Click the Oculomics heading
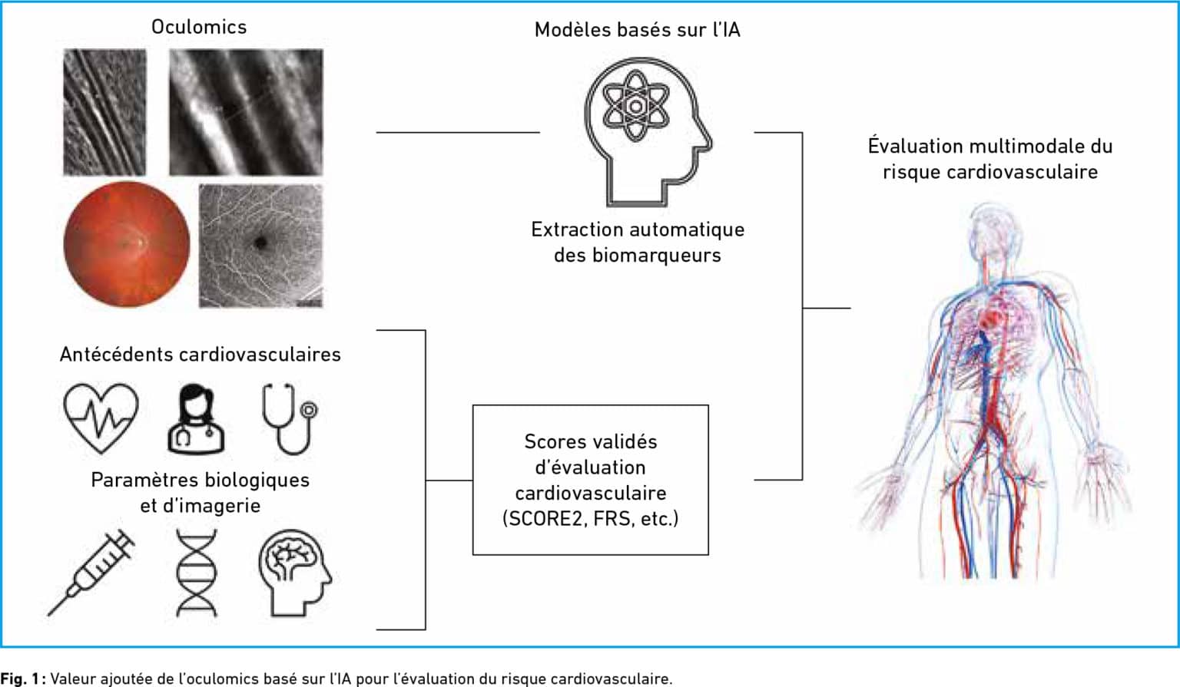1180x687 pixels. point(199,27)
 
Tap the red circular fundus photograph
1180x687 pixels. point(127,244)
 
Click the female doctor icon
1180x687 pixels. point(196,419)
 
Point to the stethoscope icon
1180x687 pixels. point(290,419)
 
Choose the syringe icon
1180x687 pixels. point(91,572)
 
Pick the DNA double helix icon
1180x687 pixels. point(197,573)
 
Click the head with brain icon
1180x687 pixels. point(295,573)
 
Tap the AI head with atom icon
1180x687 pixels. point(648,131)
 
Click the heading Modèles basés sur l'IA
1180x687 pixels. point(638,30)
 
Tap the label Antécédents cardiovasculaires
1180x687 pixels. point(201,355)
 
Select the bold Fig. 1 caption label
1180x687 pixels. point(20,679)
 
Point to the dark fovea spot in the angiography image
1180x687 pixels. point(260,243)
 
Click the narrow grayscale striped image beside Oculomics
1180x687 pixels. point(104,112)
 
